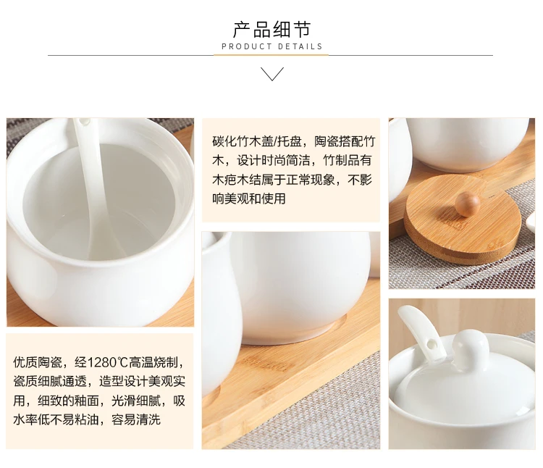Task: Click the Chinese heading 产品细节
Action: [x=271, y=30]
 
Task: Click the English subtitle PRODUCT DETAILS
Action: [x=272, y=47]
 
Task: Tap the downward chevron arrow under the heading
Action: [x=272, y=74]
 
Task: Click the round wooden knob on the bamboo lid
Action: [x=467, y=204]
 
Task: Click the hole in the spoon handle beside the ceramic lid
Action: [x=432, y=345]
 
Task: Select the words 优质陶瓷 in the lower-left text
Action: [x=38, y=362]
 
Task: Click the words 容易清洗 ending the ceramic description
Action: [x=136, y=420]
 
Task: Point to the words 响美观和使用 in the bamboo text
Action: [x=249, y=199]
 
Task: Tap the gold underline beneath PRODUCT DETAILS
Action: [x=271, y=55]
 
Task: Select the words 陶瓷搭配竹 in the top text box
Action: [x=345, y=141]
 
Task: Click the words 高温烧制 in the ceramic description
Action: [x=153, y=362]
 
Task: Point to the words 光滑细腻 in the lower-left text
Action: [x=136, y=401]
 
